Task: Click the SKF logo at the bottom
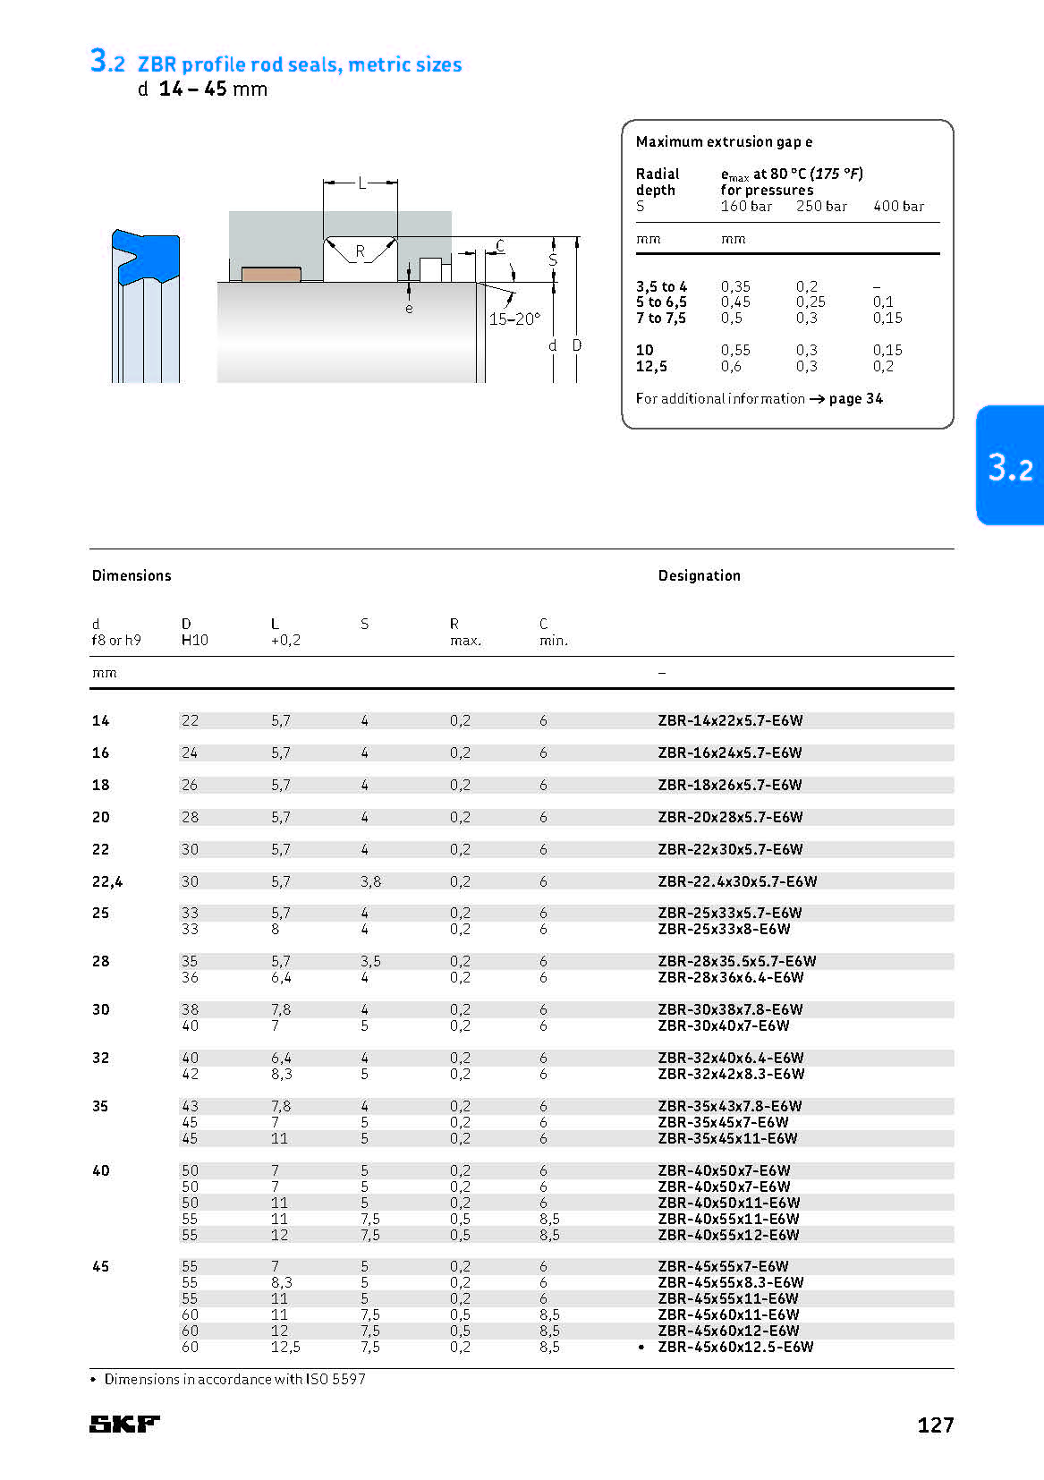(124, 1424)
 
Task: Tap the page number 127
(935, 1425)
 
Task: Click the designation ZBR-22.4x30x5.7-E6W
(737, 881)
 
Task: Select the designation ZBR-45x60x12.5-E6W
(735, 1347)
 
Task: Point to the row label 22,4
(107, 881)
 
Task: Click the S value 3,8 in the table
(370, 881)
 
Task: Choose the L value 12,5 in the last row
(285, 1347)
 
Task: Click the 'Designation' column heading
(699, 575)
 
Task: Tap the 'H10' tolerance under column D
(194, 640)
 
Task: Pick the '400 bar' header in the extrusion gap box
(898, 206)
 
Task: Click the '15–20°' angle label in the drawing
(514, 319)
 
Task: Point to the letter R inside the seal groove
(361, 251)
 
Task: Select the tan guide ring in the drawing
(271, 274)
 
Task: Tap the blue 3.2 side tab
(1010, 466)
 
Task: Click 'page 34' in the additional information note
(855, 398)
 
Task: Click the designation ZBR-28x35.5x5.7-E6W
(736, 961)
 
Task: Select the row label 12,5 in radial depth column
(651, 366)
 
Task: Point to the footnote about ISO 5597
(234, 1379)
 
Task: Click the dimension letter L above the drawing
(361, 183)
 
